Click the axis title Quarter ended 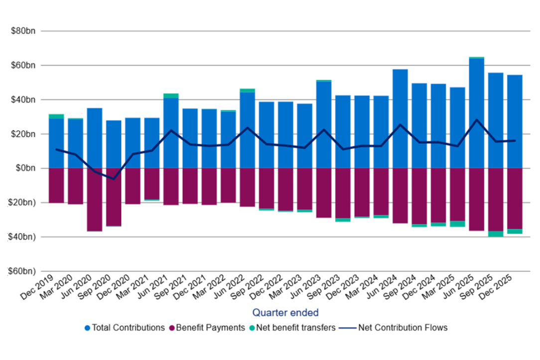click(x=285, y=313)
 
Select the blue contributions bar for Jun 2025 click(x=477, y=115)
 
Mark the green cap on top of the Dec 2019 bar click(x=56, y=116)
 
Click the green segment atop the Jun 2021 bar click(x=171, y=96)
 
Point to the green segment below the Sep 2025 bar click(x=496, y=234)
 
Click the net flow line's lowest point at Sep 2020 click(x=114, y=179)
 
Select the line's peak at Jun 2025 click(x=477, y=120)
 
